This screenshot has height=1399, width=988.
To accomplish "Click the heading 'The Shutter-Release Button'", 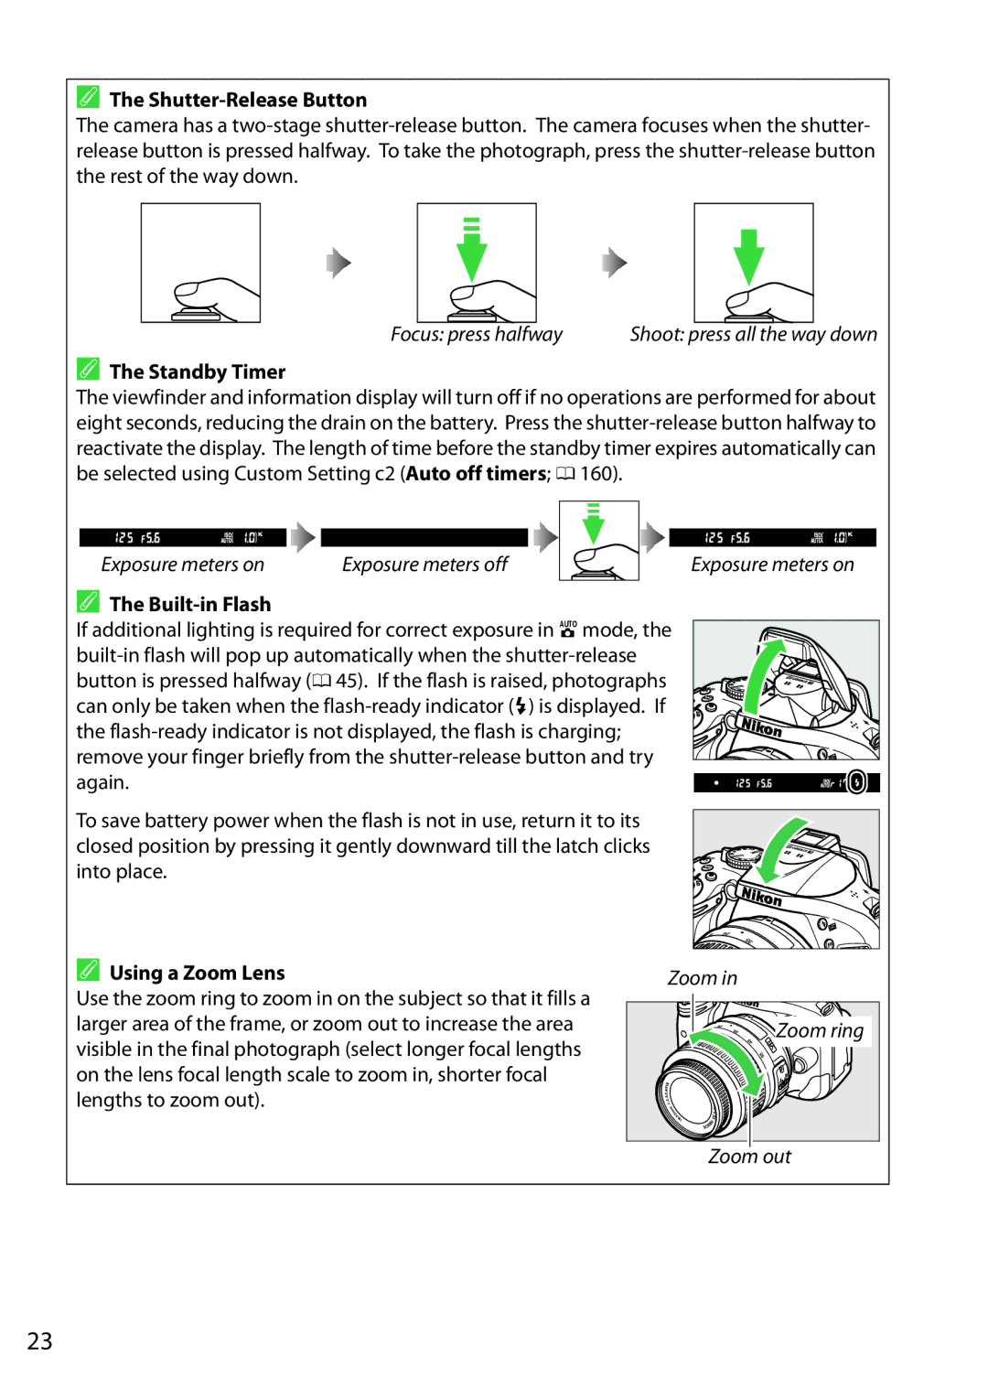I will click(x=238, y=100).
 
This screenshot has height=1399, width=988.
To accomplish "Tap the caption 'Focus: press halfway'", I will click(x=476, y=335).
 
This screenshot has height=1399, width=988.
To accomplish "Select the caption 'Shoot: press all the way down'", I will click(x=753, y=335).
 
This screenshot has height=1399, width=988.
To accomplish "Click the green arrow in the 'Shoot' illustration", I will click(x=749, y=255).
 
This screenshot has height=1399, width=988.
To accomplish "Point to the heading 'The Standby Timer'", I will click(x=198, y=371).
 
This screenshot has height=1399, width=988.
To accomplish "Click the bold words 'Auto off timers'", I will click(x=477, y=474).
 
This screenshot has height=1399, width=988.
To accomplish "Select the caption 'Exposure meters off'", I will click(x=424, y=565).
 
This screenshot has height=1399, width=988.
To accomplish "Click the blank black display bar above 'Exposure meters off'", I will click(x=424, y=538).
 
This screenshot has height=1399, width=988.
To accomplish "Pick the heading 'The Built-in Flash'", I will click(x=190, y=604).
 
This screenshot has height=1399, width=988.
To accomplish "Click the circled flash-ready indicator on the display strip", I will click(x=856, y=782).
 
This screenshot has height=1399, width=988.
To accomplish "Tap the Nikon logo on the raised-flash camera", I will click(x=761, y=728).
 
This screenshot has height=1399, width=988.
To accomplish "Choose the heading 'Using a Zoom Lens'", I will click(x=197, y=973).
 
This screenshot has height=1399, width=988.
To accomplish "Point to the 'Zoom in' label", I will click(x=702, y=978).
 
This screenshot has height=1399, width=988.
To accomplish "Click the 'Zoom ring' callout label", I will click(x=820, y=1031).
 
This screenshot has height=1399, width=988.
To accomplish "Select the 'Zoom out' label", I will click(x=749, y=1157).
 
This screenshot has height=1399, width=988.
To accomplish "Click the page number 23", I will click(x=39, y=1341).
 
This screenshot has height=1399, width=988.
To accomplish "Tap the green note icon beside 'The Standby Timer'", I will click(x=88, y=369).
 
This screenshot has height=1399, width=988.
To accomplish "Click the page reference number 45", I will click(x=347, y=681).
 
